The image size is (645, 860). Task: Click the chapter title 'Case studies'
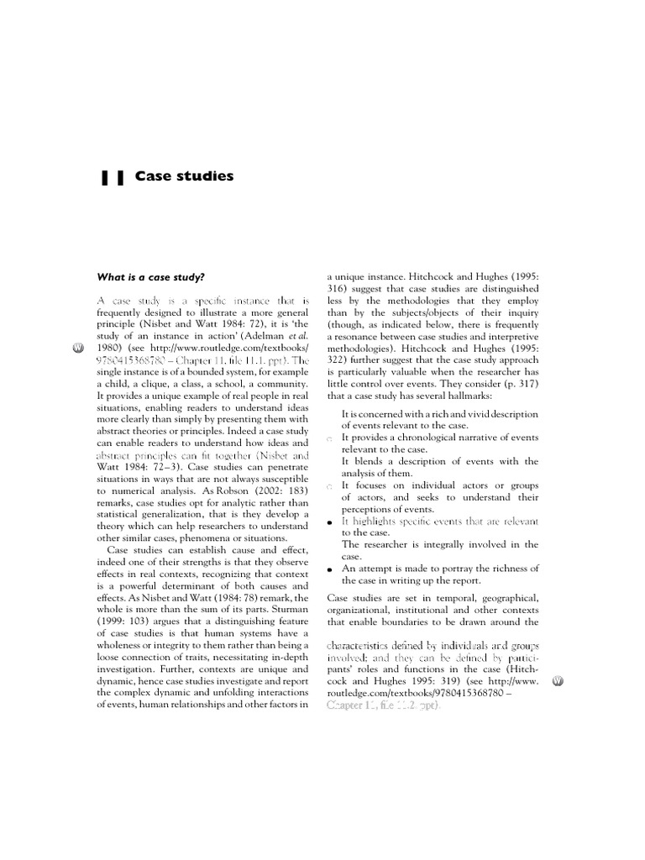coord(184,176)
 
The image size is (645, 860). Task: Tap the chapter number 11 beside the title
coord(113,177)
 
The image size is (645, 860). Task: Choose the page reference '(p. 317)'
coord(519,384)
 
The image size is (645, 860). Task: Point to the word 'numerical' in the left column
coord(131,489)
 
